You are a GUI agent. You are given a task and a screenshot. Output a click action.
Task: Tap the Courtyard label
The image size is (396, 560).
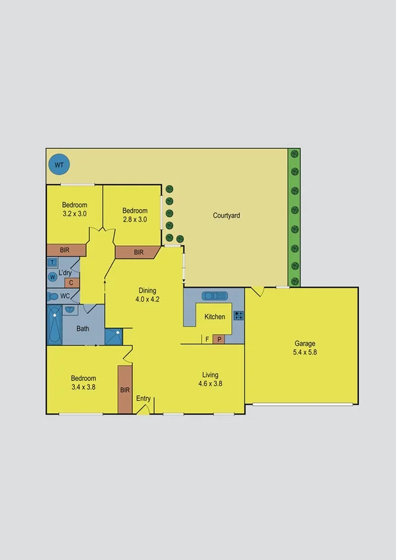[226, 216]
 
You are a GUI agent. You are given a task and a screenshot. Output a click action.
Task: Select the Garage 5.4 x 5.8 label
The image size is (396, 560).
[305, 348]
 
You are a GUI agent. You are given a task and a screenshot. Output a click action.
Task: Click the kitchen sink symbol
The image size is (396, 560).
[215, 296]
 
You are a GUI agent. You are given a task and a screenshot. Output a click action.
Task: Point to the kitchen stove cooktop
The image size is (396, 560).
[238, 315]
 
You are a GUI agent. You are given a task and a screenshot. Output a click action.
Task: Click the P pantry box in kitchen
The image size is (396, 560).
[219, 339]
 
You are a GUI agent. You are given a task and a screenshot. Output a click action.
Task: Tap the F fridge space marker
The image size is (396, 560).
[207, 339]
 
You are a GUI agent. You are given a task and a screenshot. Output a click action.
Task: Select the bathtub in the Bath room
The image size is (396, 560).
[54, 325]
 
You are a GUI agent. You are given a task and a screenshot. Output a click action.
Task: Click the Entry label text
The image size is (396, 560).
[143, 399]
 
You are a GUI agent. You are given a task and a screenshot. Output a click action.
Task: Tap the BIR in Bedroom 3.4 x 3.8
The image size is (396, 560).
[124, 390]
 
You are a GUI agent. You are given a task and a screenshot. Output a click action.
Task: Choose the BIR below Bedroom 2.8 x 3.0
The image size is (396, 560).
[138, 252]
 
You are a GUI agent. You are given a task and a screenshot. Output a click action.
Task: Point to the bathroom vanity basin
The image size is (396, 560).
[70, 309]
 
